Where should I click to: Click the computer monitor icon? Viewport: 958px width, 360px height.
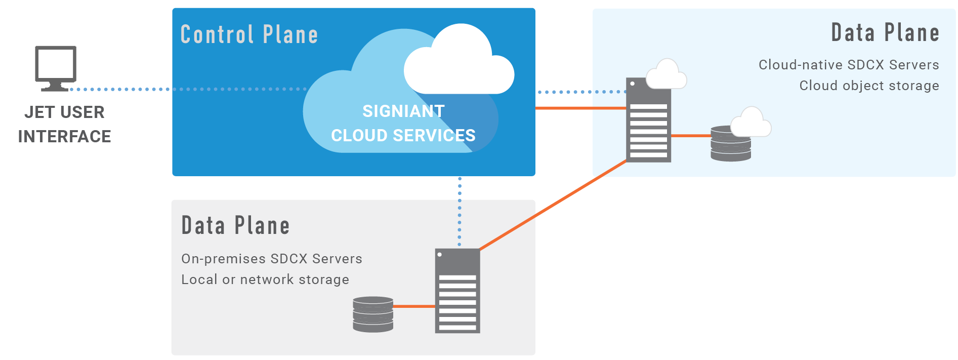pyautogui.click(x=56, y=67)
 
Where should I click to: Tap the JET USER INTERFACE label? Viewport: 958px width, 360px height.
pyautogui.click(x=64, y=124)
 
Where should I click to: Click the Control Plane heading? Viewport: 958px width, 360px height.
pyautogui.click(x=249, y=34)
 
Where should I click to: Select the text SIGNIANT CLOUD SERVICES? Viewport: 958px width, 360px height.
pyautogui.click(x=403, y=123)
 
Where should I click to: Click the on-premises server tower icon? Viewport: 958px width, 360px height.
pyautogui.click(x=457, y=291)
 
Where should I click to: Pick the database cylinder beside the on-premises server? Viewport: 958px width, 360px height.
pyautogui.click(x=373, y=314)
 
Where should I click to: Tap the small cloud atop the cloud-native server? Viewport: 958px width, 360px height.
pyautogui.click(x=667, y=75)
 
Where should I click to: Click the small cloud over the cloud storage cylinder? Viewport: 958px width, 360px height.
pyautogui.click(x=751, y=123)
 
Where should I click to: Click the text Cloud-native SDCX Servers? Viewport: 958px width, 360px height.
pyautogui.click(x=849, y=65)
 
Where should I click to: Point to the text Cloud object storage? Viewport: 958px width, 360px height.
pyautogui.click(x=869, y=86)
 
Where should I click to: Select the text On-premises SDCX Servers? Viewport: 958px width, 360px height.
pyautogui.click(x=272, y=259)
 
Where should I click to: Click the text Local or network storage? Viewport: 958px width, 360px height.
pyautogui.click(x=265, y=279)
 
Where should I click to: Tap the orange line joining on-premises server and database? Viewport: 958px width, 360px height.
pyautogui.click(x=414, y=306)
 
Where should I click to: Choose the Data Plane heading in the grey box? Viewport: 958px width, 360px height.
pyautogui.click(x=235, y=226)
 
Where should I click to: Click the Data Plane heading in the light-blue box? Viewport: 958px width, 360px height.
pyautogui.click(x=885, y=33)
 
